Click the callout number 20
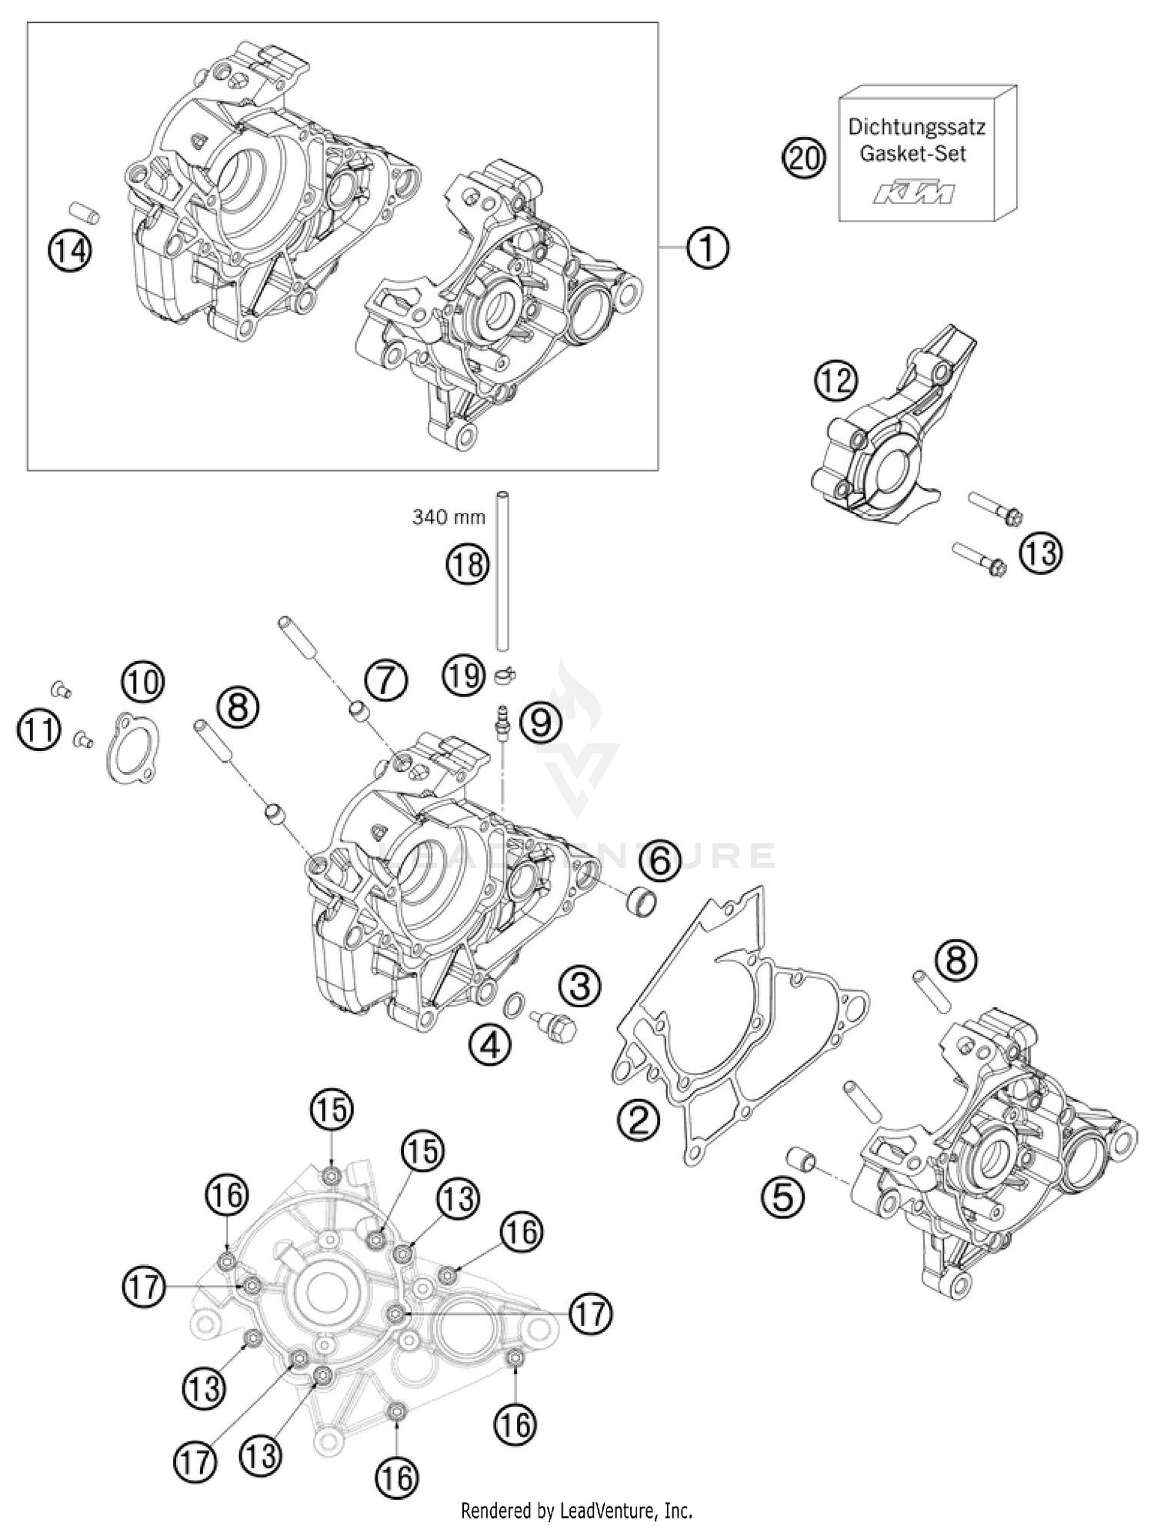point(803,159)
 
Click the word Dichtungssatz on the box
point(916,126)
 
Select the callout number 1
point(706,248)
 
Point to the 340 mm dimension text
point(449,517)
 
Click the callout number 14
point(70,251)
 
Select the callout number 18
point(468,565)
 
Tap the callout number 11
point(39,727)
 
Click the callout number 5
point(782,1197)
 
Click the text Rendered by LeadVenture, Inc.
point(577,1511)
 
